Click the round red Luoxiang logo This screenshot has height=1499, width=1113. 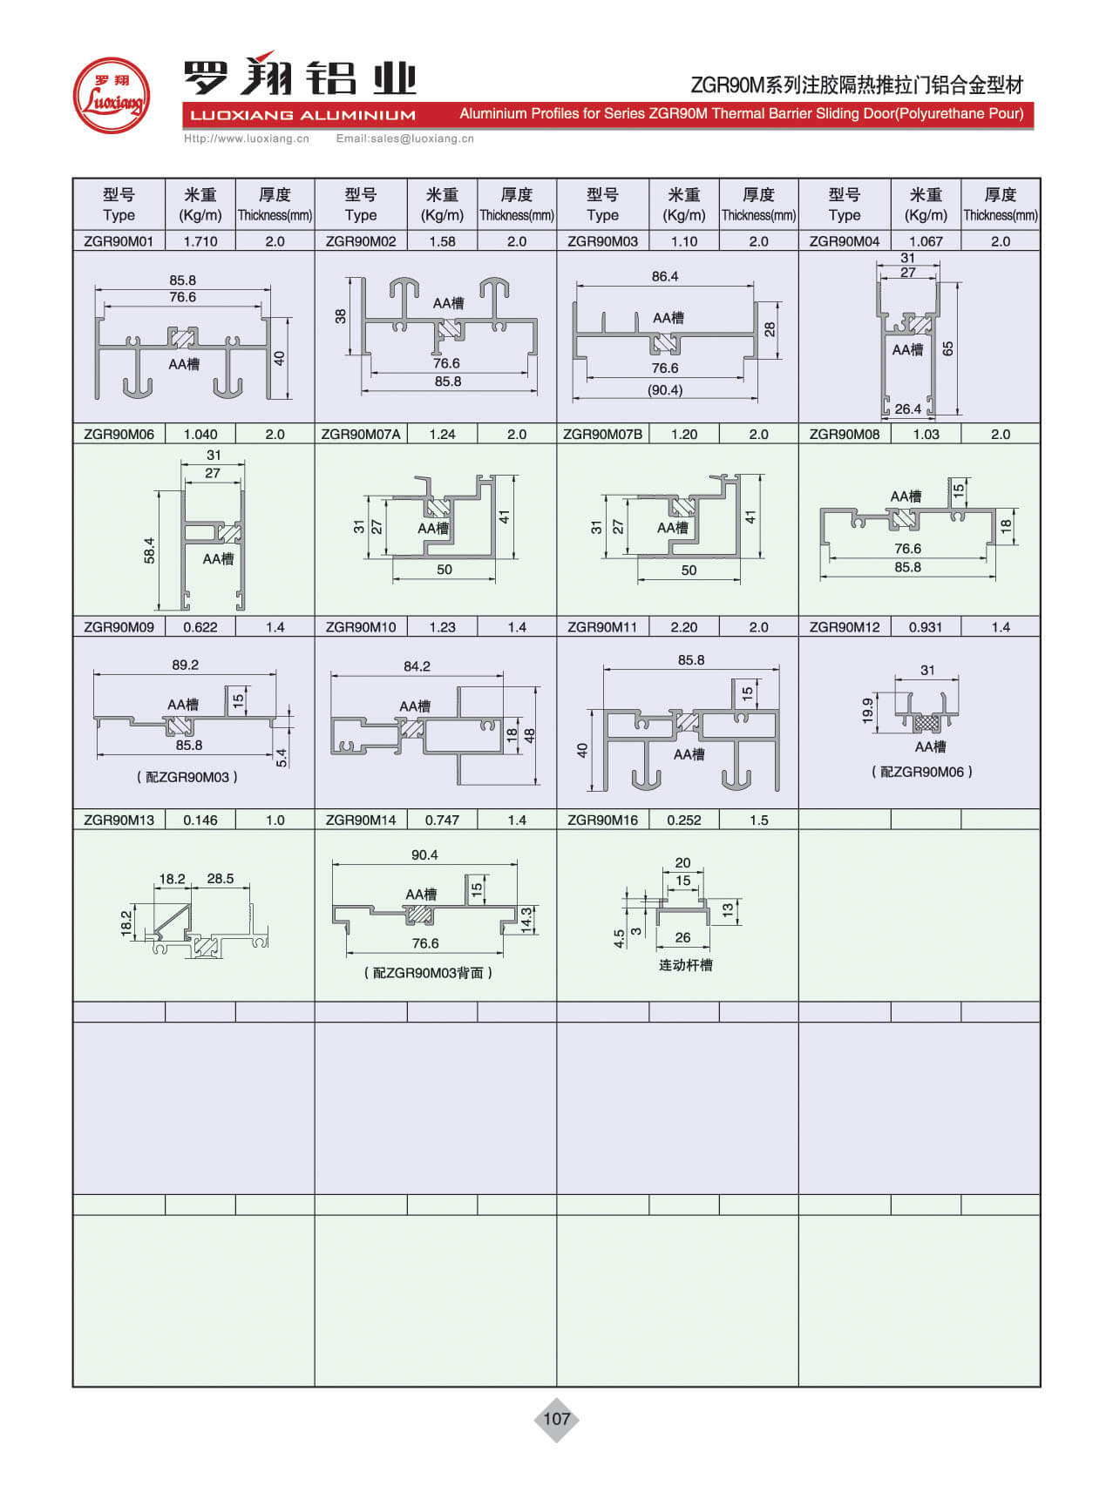[111, 96]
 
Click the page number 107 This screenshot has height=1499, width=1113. [556, 1419]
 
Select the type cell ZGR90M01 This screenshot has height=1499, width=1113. [119, 241]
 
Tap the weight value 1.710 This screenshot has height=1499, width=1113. [200, 241]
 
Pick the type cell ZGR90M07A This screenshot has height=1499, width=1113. [361, 434]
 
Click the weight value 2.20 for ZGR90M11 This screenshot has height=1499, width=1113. [684, 627]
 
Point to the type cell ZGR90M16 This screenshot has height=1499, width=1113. [602, 820]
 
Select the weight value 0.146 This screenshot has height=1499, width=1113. [200, 820]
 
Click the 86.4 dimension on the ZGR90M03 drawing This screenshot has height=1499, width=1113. [665, 276]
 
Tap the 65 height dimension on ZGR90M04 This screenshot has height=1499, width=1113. [948, 348]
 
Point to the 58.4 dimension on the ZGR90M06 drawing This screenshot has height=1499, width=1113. [150, 550]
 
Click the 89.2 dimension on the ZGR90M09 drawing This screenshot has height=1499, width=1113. [185, 665]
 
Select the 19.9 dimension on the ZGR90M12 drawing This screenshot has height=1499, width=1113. [868, 710]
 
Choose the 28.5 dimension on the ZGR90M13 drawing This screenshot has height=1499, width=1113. [221, 879]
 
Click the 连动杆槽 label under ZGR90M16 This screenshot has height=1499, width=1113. [685, 965]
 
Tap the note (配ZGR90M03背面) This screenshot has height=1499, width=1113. [428, 973]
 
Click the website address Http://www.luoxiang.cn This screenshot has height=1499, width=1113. [247, 138]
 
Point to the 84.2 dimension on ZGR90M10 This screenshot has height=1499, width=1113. [417, 666]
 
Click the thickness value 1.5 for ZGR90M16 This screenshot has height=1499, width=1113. [758, 820]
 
